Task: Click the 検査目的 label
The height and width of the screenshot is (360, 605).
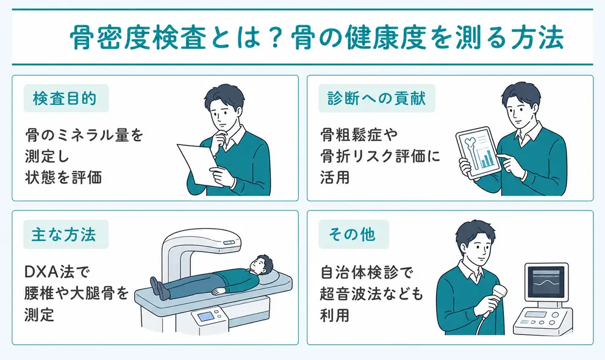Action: click(66, 99)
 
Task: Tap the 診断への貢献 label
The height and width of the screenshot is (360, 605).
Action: click(376, 99)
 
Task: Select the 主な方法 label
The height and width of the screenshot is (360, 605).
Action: click(66, 234)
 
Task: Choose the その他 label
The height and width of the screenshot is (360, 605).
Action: click(354, 234)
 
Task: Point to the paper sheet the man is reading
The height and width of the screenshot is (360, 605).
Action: click(199, 164)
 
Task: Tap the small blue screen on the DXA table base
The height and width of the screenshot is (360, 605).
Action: click(206, 317)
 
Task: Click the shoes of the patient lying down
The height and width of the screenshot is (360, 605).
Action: click(158, 289)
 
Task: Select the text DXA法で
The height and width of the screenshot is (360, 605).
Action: click(57, 272)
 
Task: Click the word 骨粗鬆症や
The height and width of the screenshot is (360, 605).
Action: click(359, 135)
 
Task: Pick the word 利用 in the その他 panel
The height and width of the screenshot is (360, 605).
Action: click(335, 315)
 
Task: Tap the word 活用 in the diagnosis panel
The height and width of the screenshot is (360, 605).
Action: click(335, 178)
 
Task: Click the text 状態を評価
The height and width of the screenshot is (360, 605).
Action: click(63, 178)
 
